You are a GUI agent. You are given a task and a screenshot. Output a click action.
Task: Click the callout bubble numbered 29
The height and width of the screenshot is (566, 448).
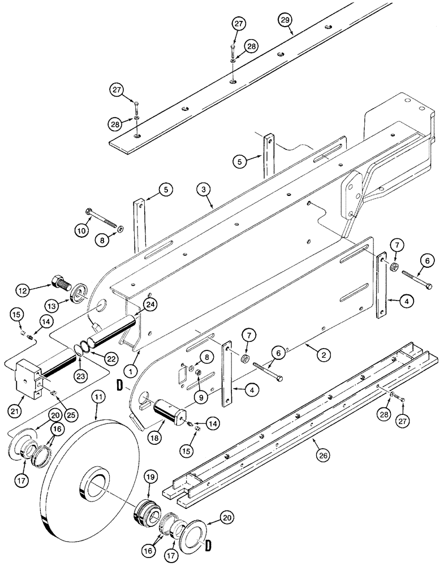(x=287, y=21)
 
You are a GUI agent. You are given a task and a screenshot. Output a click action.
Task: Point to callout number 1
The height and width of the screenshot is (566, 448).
(x=131, y=372)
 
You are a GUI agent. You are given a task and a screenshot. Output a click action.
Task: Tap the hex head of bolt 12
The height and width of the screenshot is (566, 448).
(x=59, y=281)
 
